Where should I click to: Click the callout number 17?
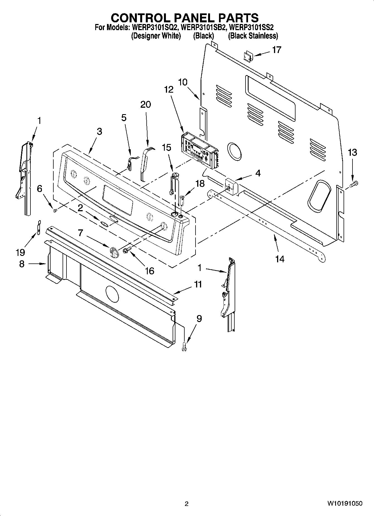point(277,50)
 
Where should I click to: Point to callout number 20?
point(146,104)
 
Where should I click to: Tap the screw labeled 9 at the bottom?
point(184,346)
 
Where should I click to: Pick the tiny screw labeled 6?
point(55,210)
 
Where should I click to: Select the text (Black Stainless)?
point(253,36)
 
